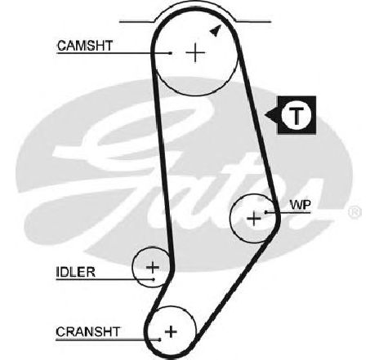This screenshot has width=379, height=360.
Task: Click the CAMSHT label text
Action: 85,46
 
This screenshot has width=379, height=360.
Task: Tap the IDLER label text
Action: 76,272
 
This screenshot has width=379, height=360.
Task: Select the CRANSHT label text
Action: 87,331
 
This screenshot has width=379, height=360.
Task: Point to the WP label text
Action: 301,205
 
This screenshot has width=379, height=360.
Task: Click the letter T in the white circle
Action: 296,115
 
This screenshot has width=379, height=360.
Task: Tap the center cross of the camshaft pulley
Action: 195,52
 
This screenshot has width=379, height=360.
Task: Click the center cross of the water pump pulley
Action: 254,218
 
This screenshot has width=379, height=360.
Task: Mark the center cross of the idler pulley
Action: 153,267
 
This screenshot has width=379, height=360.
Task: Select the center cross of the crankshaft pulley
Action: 171,331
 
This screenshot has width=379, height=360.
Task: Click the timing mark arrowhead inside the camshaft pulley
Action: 216,30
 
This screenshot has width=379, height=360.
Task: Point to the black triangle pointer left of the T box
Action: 271,115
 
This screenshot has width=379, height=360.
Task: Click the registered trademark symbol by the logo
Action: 354,212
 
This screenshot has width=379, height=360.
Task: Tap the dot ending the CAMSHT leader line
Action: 171,53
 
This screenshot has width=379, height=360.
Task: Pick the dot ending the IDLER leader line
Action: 154,279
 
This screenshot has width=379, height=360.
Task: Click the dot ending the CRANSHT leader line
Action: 160,340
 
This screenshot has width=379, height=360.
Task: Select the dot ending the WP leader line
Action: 265,211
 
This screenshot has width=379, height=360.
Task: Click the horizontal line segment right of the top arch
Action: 254,21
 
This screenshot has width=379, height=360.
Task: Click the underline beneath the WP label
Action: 288,212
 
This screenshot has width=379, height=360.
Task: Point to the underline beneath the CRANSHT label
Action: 108,340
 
